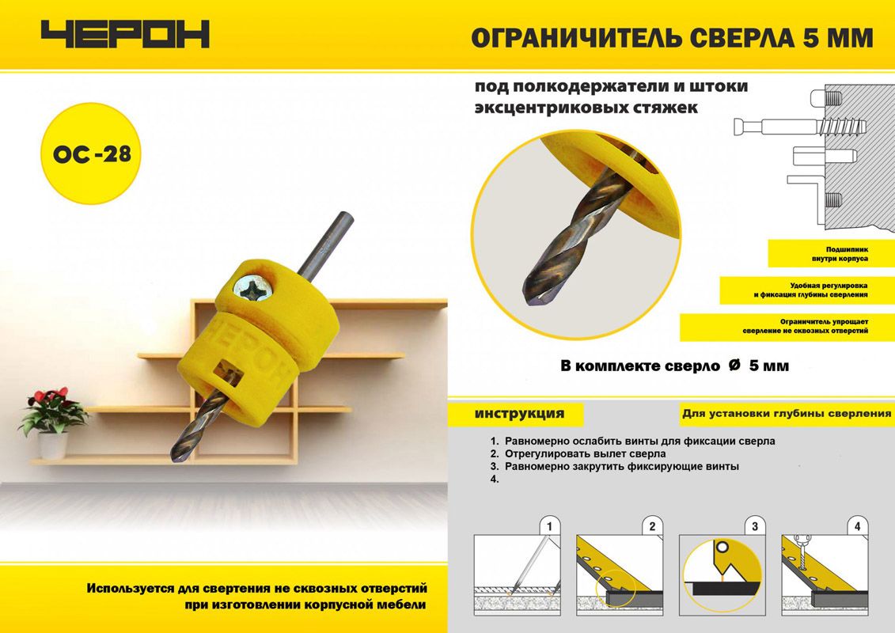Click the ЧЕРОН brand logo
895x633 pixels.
point(125,34)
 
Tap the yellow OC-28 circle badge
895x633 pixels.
point(91,153)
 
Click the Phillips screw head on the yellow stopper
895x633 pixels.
point(253,288)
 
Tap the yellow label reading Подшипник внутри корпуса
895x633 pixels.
point(831,253)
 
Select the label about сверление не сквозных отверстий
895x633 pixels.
point(787,327)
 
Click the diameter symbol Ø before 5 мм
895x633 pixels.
point(734,365)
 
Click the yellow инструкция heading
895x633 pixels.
point(519,414)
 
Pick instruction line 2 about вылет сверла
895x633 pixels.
point(578,453)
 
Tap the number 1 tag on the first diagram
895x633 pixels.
point(550,526)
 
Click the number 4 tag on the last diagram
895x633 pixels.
point(857,526)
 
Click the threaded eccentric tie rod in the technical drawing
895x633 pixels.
point(799,127)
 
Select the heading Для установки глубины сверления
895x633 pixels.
point(786,413)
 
